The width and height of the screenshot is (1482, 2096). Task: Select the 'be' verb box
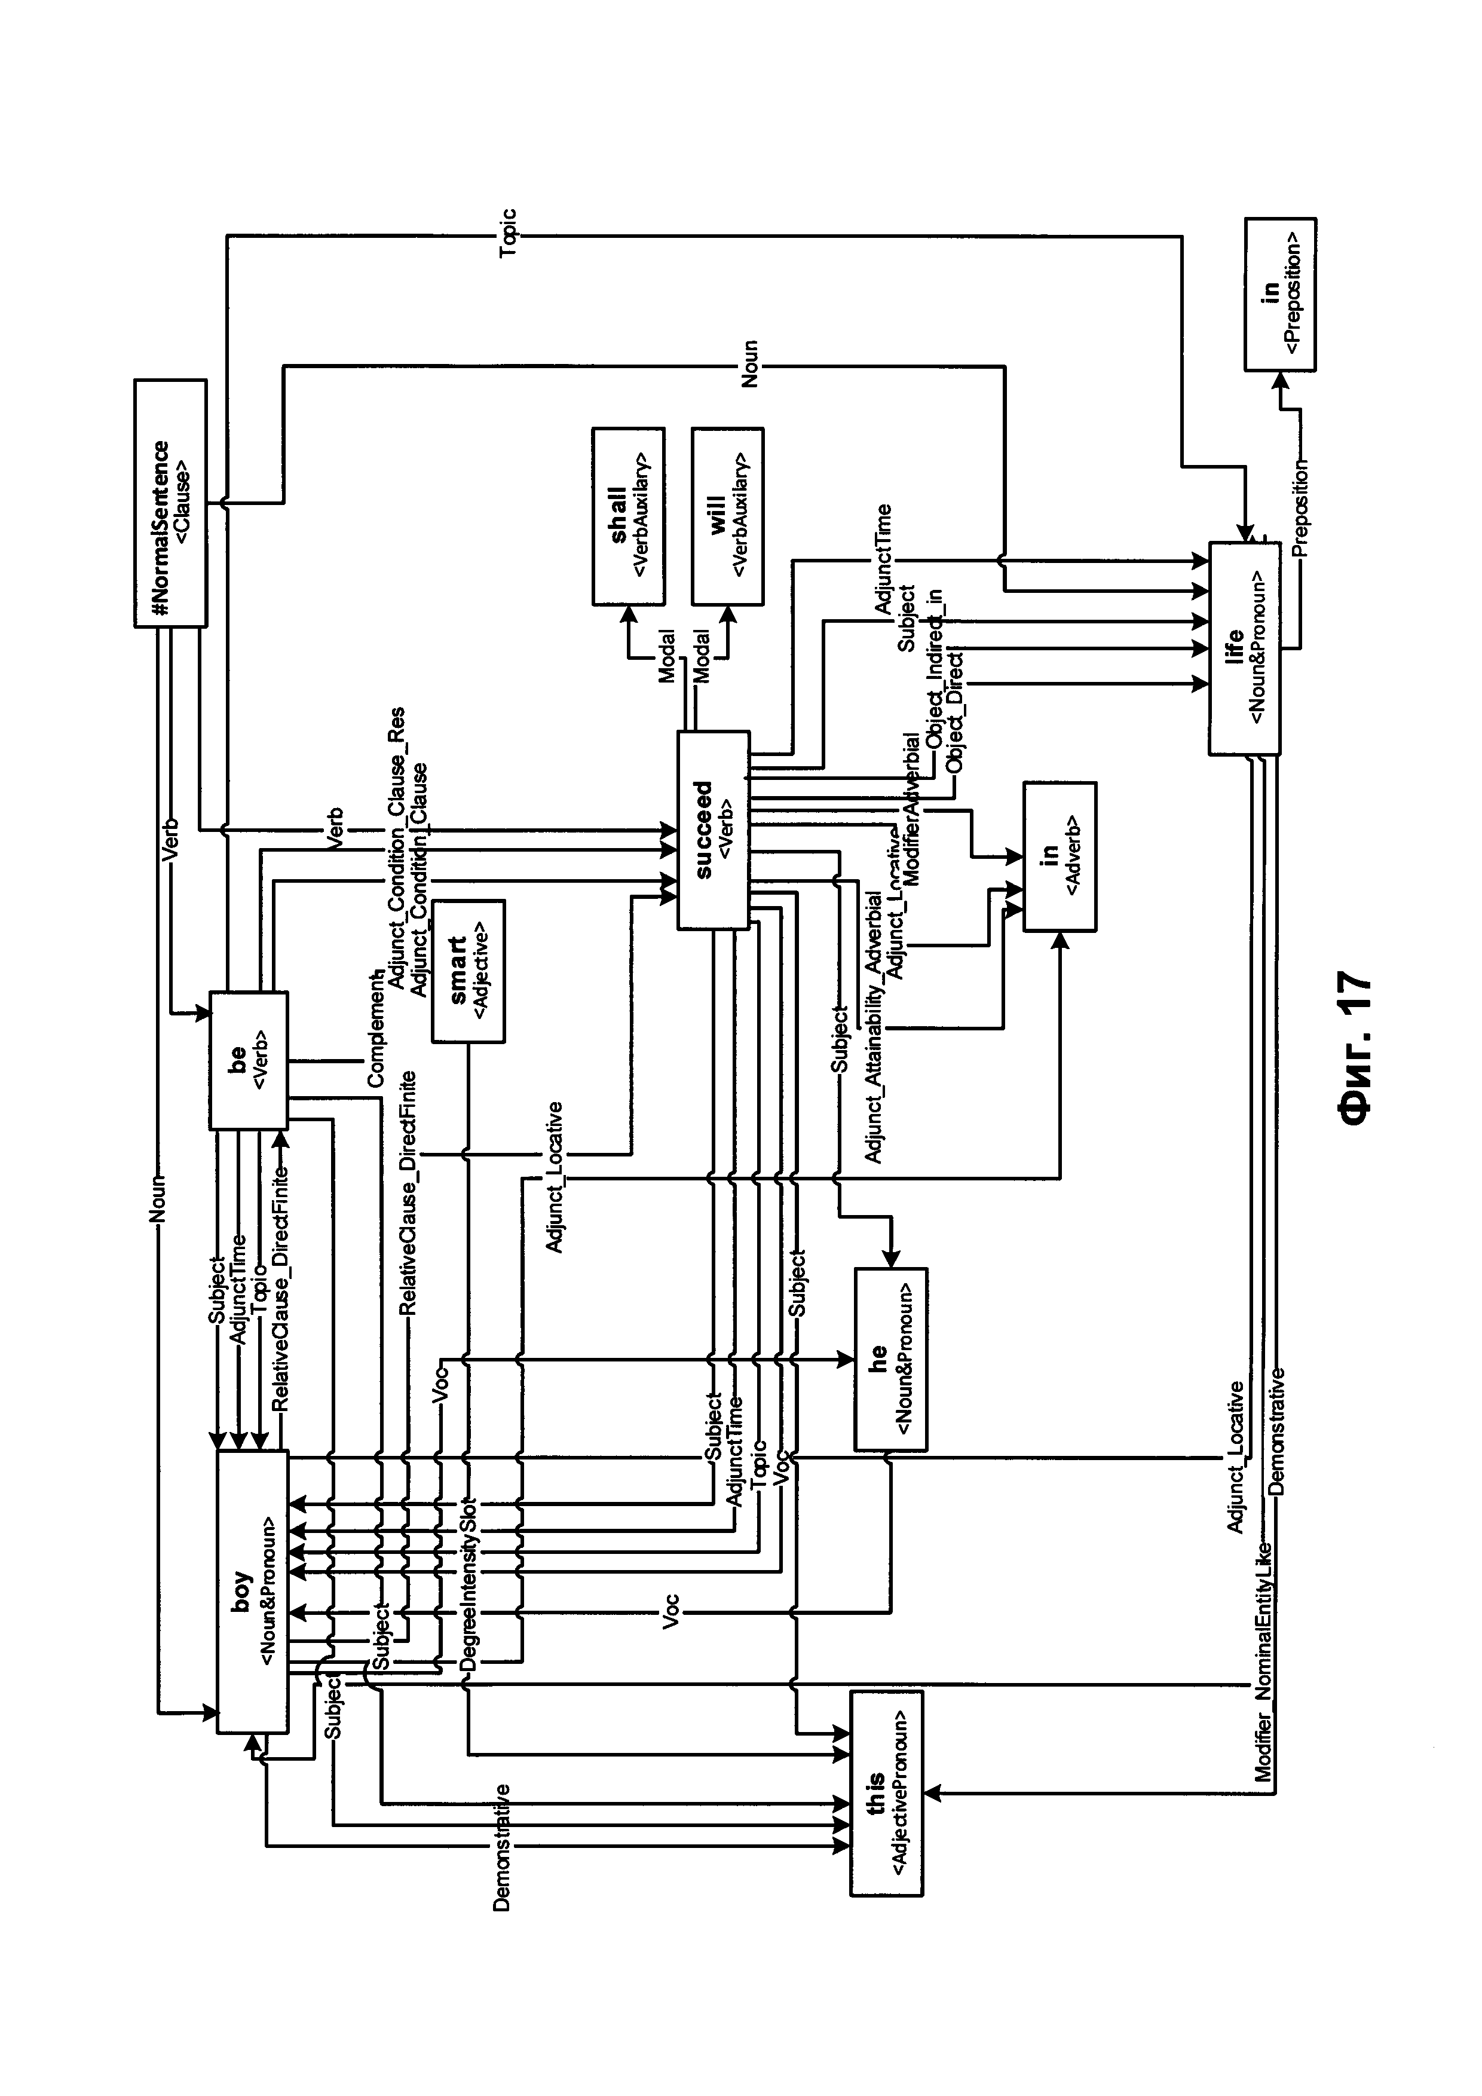(248, 1059)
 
